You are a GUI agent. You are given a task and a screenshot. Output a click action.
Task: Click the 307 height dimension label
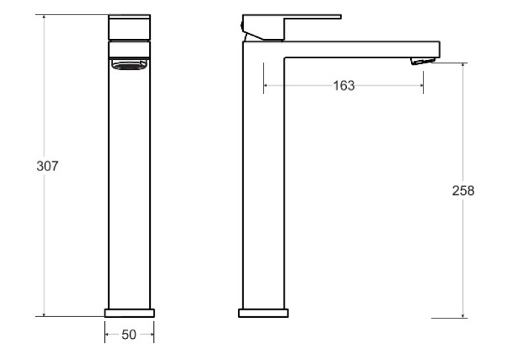tap(48, 166)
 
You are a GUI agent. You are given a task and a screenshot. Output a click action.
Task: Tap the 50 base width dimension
tap(129, 335)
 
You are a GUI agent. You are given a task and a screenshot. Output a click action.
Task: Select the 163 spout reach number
tap(343, 86)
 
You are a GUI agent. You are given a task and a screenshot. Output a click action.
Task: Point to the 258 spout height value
tap(463, 191)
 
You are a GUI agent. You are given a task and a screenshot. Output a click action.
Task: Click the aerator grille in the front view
tap(129, 65)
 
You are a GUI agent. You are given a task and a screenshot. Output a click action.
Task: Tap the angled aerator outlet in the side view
tap(423, 61)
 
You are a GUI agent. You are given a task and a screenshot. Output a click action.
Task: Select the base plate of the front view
tap(129, 313)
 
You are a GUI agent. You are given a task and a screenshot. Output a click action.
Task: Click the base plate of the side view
tap(263, 313)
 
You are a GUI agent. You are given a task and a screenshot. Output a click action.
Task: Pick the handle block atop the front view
tap(129, 28)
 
